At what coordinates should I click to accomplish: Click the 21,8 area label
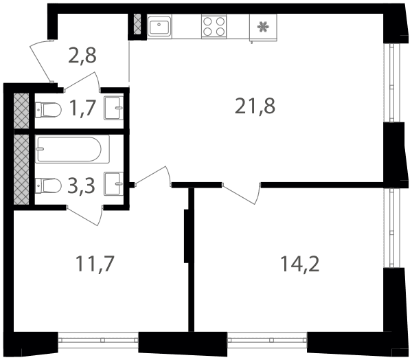(255, 106)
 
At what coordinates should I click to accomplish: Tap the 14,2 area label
(300, 264)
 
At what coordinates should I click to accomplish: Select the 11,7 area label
(95, 264)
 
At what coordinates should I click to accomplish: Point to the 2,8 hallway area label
(82, 56)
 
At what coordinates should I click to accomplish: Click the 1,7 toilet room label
(82, 108)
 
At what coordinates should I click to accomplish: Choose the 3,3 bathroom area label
(81, 185)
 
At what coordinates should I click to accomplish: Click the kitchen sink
(159, 25)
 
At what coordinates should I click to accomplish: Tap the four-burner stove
(214, 26)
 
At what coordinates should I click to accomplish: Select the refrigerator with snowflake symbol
(263, 27)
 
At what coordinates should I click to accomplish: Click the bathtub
(72, 149)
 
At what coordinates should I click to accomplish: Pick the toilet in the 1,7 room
(48, 110)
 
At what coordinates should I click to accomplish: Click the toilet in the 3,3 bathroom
(48, 185)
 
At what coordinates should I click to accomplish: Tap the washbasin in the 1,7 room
(114, 108)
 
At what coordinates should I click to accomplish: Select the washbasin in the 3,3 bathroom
(114, 184)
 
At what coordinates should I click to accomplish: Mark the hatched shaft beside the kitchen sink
(137, 24)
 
